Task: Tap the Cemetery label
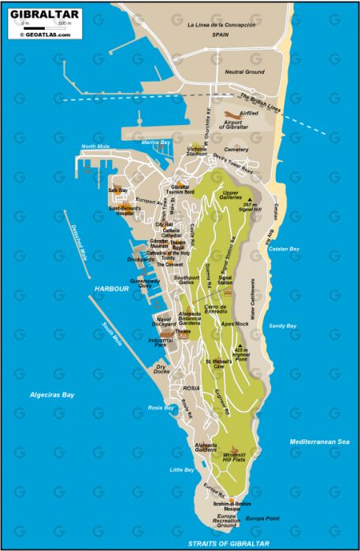coord(235,149)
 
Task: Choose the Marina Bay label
coord(156,142)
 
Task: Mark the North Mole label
coord(94,146)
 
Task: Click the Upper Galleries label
coord(231,195)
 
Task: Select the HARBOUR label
coord(111,289)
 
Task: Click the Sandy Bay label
coord(283,326)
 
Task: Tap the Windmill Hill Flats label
coord(231,458)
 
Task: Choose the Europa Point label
coord(261,519)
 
